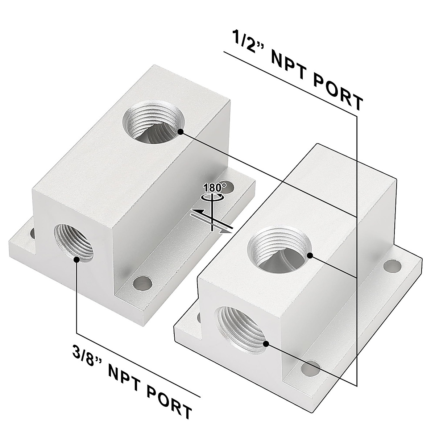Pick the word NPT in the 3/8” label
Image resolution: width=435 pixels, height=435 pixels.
[x=122, y=376]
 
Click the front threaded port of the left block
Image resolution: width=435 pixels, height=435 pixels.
[x=74, y=243]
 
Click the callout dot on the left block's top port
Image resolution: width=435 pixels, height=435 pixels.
[x=181, y=132]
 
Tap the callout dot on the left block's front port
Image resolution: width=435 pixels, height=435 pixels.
[x=77, y=259]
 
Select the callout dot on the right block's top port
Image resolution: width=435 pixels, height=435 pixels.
[x=310, y=256]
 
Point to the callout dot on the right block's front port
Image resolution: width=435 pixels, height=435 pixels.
[x=266, y=343]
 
